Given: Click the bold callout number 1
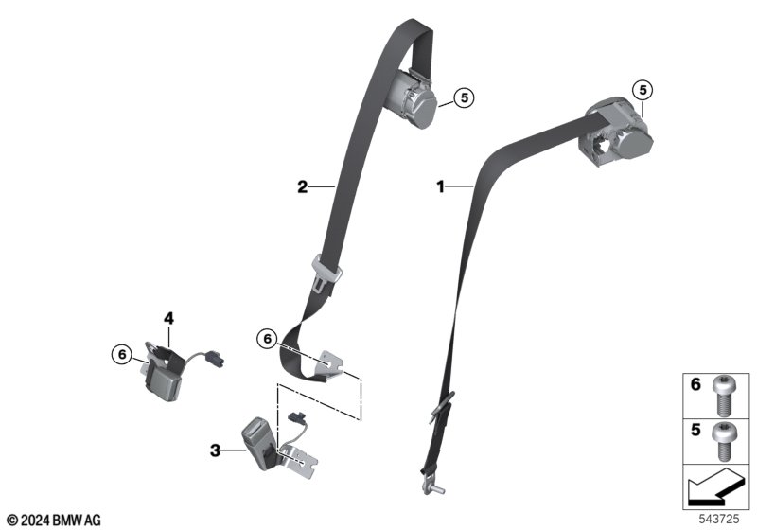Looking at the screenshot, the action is (440, 186).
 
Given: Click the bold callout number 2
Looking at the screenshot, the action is (302, 186).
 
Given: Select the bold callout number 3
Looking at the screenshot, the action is (216, 450).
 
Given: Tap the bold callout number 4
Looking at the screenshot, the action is (168, 318).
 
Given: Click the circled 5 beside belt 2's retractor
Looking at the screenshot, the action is (464, 98).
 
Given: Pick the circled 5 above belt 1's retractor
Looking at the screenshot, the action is (643, 90).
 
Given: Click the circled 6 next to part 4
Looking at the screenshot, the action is (122, 355).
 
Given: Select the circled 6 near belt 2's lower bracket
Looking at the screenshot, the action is (268, 339).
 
